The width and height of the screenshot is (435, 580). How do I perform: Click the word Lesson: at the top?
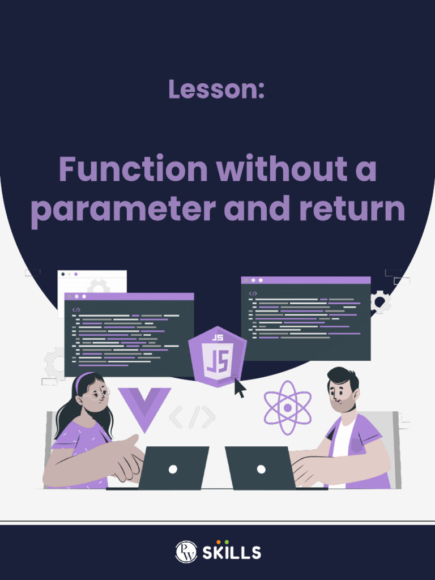tap(216, 89)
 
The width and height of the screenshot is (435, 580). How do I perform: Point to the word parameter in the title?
tap(123, 210)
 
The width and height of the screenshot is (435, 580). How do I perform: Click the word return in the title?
tap(352, 209)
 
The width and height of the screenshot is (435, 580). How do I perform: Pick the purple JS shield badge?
tap(217, 356)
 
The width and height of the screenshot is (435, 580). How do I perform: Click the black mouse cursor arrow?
tap(240, 387)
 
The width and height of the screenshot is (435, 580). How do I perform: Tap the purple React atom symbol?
tap(287, 407)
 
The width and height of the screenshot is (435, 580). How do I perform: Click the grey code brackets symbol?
tap(192, 417)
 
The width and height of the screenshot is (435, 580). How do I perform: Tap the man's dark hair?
tap(341, 376)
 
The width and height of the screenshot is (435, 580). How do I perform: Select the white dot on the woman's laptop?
tap(173, 468)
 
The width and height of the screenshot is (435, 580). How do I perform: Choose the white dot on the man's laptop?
tap(261, 468)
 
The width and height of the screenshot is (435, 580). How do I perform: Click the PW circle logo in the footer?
tap(186, 552)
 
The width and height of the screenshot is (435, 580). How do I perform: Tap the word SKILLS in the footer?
tap(232, 552)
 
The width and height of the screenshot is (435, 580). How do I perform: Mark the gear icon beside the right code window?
tap(380, 302)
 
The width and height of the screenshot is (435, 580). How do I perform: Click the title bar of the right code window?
tap(306, 280)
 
